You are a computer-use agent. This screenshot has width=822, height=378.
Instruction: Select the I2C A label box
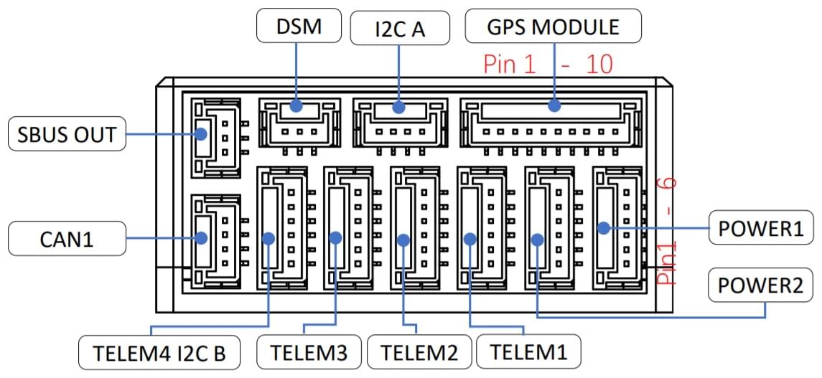[400, 29]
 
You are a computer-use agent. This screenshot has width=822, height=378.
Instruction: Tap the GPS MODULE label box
[553, 27]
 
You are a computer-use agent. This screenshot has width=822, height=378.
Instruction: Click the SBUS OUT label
[67, 134]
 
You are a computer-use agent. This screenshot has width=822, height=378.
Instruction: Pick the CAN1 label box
[67, 238]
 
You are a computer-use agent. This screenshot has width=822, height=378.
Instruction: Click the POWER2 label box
[761, 285]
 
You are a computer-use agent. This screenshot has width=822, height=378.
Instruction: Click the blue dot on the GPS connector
[554, 106]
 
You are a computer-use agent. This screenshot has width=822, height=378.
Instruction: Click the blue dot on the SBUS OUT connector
[202, 133]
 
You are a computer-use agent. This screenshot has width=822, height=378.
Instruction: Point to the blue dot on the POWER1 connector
[604, 228]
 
